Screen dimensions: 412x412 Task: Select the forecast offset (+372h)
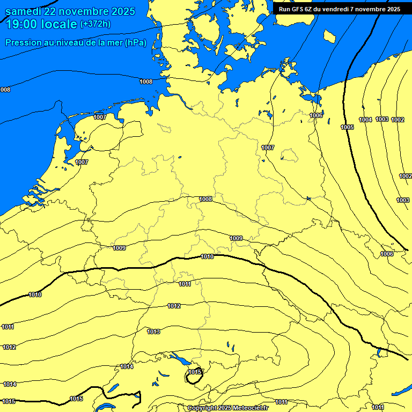click(96, 24)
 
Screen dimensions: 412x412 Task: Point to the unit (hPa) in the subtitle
click(135, 43)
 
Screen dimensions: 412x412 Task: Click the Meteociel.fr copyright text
click(228, 408)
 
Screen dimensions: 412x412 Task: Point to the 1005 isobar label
click(347, 127)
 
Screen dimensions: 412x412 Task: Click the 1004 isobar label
click(365, 120)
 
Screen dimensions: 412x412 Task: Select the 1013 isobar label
click(153, 332)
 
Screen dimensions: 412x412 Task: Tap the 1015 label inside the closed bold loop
click(195, 372)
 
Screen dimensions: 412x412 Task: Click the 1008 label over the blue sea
click(145, 82)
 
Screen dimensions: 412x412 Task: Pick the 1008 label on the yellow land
click(205, 199)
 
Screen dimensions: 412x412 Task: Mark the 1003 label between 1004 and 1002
click(382, 119)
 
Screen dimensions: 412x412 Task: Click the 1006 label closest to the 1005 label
click(316, 115)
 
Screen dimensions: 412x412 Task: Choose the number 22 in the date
click(58, 11)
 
